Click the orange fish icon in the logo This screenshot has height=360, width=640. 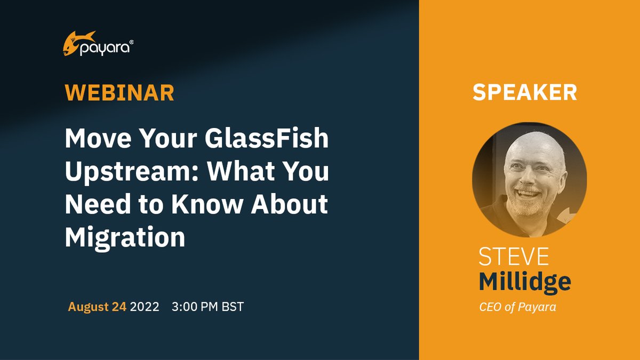[78, 43]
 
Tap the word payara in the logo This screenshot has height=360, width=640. [105, 49]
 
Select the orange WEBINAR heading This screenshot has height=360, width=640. [119, 93]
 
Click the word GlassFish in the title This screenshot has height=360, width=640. [267, 138]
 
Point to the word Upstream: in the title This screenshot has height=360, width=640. [132, 172]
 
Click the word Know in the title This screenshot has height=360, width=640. [206, 204]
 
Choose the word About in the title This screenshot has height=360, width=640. [290, 204]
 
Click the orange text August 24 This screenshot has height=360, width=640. [97, 307]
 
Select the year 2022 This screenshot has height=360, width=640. [145, 307]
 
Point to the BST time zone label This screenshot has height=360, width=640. [233, 307]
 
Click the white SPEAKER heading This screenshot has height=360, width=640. [525, 92]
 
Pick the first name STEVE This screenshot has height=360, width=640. [514, 257]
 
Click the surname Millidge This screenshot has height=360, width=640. [525, 282]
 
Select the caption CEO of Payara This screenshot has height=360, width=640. [517, 307]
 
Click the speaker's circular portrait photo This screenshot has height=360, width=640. [530, 180]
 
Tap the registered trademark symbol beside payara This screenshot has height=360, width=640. [131, 42]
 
